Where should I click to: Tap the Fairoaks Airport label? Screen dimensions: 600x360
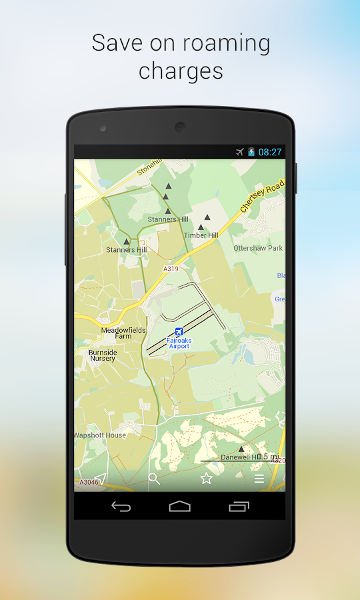(179, 343)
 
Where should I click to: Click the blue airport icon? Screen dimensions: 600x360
(179, 332)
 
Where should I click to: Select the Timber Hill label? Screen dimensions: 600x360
(201, 235)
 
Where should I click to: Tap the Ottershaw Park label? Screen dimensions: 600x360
(258, 248)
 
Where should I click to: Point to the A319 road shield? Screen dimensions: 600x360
(171, 269)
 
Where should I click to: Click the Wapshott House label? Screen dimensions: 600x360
(100, 435)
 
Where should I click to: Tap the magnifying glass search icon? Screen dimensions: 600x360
(154, 479)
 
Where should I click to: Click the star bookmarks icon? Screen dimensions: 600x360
(207, 479)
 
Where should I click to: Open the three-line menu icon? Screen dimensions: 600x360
(259, 479)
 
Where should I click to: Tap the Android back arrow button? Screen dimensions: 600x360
(121, 507)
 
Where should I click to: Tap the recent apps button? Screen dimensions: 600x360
(239, 507)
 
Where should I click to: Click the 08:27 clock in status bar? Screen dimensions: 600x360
(270, 152)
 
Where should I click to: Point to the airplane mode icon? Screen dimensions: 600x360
(240, 152)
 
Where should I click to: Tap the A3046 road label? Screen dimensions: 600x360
(89, 482)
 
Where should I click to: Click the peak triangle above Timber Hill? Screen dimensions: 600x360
(207, 217)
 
